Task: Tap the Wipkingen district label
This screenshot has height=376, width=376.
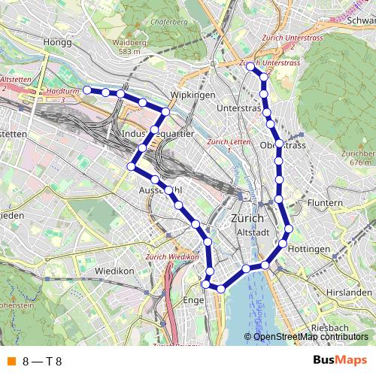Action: (x=193, y=96)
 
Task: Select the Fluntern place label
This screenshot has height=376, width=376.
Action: (x=326, y=203)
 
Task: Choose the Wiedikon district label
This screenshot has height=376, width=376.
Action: (x=114, y=270)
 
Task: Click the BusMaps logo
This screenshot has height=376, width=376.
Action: (x=338, y=362)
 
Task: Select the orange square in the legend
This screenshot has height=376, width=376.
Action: (x=11, y=362)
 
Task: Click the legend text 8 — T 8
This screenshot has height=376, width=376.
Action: (x=42, y=362)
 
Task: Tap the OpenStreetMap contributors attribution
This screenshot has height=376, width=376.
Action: (x=310, y=336)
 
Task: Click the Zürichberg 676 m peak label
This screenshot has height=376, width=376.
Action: (x=356, y=157)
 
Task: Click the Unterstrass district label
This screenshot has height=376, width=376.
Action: (x=237, y=109)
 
